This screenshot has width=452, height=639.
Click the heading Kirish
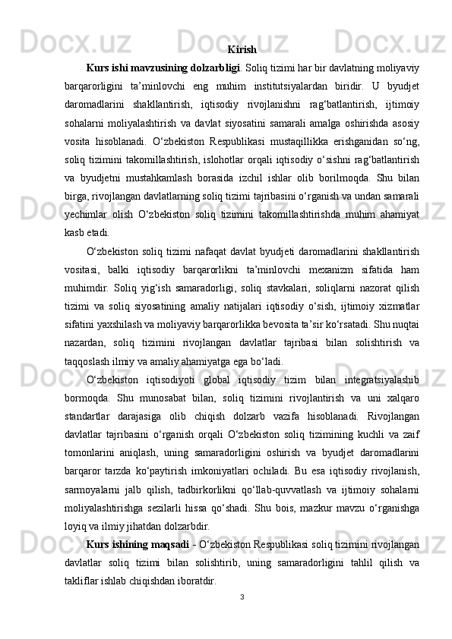[x=242, y=50]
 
